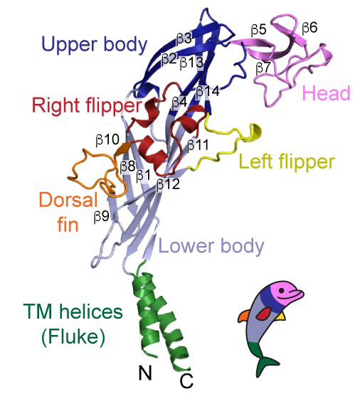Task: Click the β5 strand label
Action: click(x=258, y=30)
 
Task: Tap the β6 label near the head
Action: click(x=309, y=27)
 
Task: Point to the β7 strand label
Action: click(x=263, y=68)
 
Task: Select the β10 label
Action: click(x=107, y=140)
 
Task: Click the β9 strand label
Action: click(x=101, y=216)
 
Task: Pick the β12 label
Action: click(x=168, y=184)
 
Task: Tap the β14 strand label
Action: click(x=208, y=91)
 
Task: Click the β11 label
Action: click(x=198, y=145)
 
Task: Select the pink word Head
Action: click(x=327, y=92)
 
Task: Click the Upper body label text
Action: click(x=95, y=44)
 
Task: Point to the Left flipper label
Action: click(x=287, y=161)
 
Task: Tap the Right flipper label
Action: click(x=87, y=106)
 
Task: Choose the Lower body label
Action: click(x=211, y=246)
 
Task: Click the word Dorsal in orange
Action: click(x=68, y=200)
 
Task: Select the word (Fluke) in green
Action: click(x=73, y=336)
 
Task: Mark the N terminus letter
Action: click(x=145, y=373)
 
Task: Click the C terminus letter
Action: click(x=186, y=381)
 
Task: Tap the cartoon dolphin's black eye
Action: click(x=282, y=290)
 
